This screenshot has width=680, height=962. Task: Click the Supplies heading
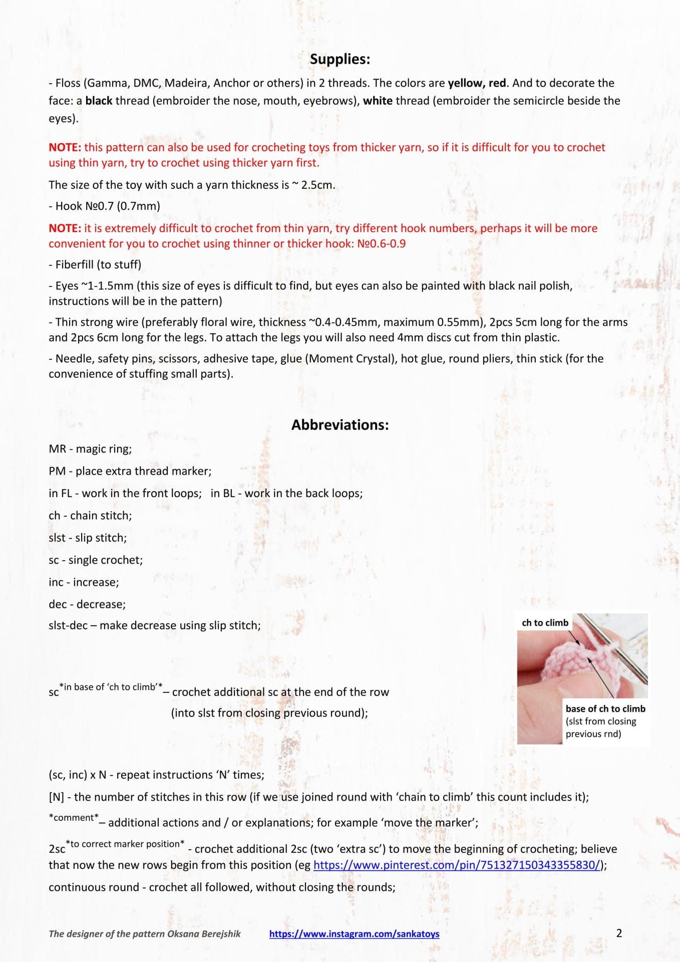[339, 59]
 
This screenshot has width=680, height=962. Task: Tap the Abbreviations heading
[340, 425]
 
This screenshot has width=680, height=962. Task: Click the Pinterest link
[457, 865]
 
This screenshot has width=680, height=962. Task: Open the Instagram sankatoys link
[354, 933]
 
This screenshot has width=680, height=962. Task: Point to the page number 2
[619, 933]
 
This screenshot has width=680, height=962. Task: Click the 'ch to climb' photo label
[545, 623]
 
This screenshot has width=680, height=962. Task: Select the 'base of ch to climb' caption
[605, 708]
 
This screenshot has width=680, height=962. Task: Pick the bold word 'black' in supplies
[99, 101]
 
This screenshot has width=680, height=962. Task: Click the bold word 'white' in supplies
[378, 101]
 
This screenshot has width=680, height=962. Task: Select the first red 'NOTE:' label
[65, 147]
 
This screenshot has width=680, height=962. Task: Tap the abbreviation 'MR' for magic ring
[57, 449]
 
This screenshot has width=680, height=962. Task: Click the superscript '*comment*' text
[74, 818]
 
